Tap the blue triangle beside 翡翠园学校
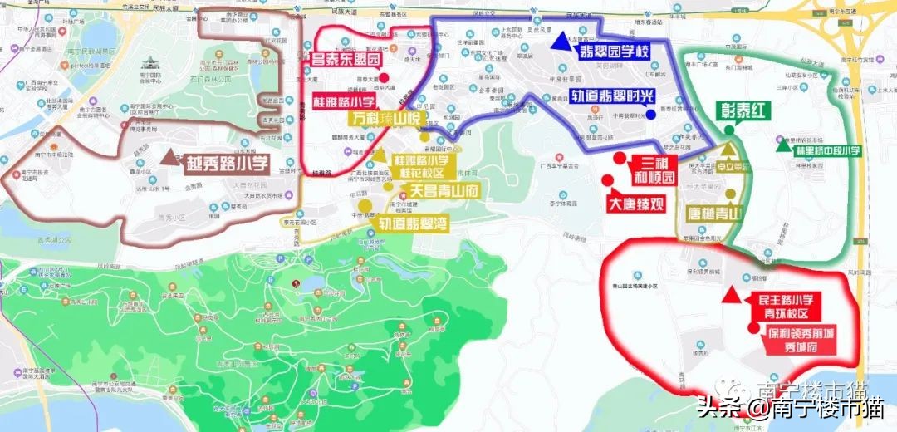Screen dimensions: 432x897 click(x=566, y=40)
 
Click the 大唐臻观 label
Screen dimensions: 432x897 click(x=635, y=203)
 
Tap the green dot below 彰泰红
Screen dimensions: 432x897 click(x=729, y=130)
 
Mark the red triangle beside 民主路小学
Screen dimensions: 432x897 click(x=731, y=294)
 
